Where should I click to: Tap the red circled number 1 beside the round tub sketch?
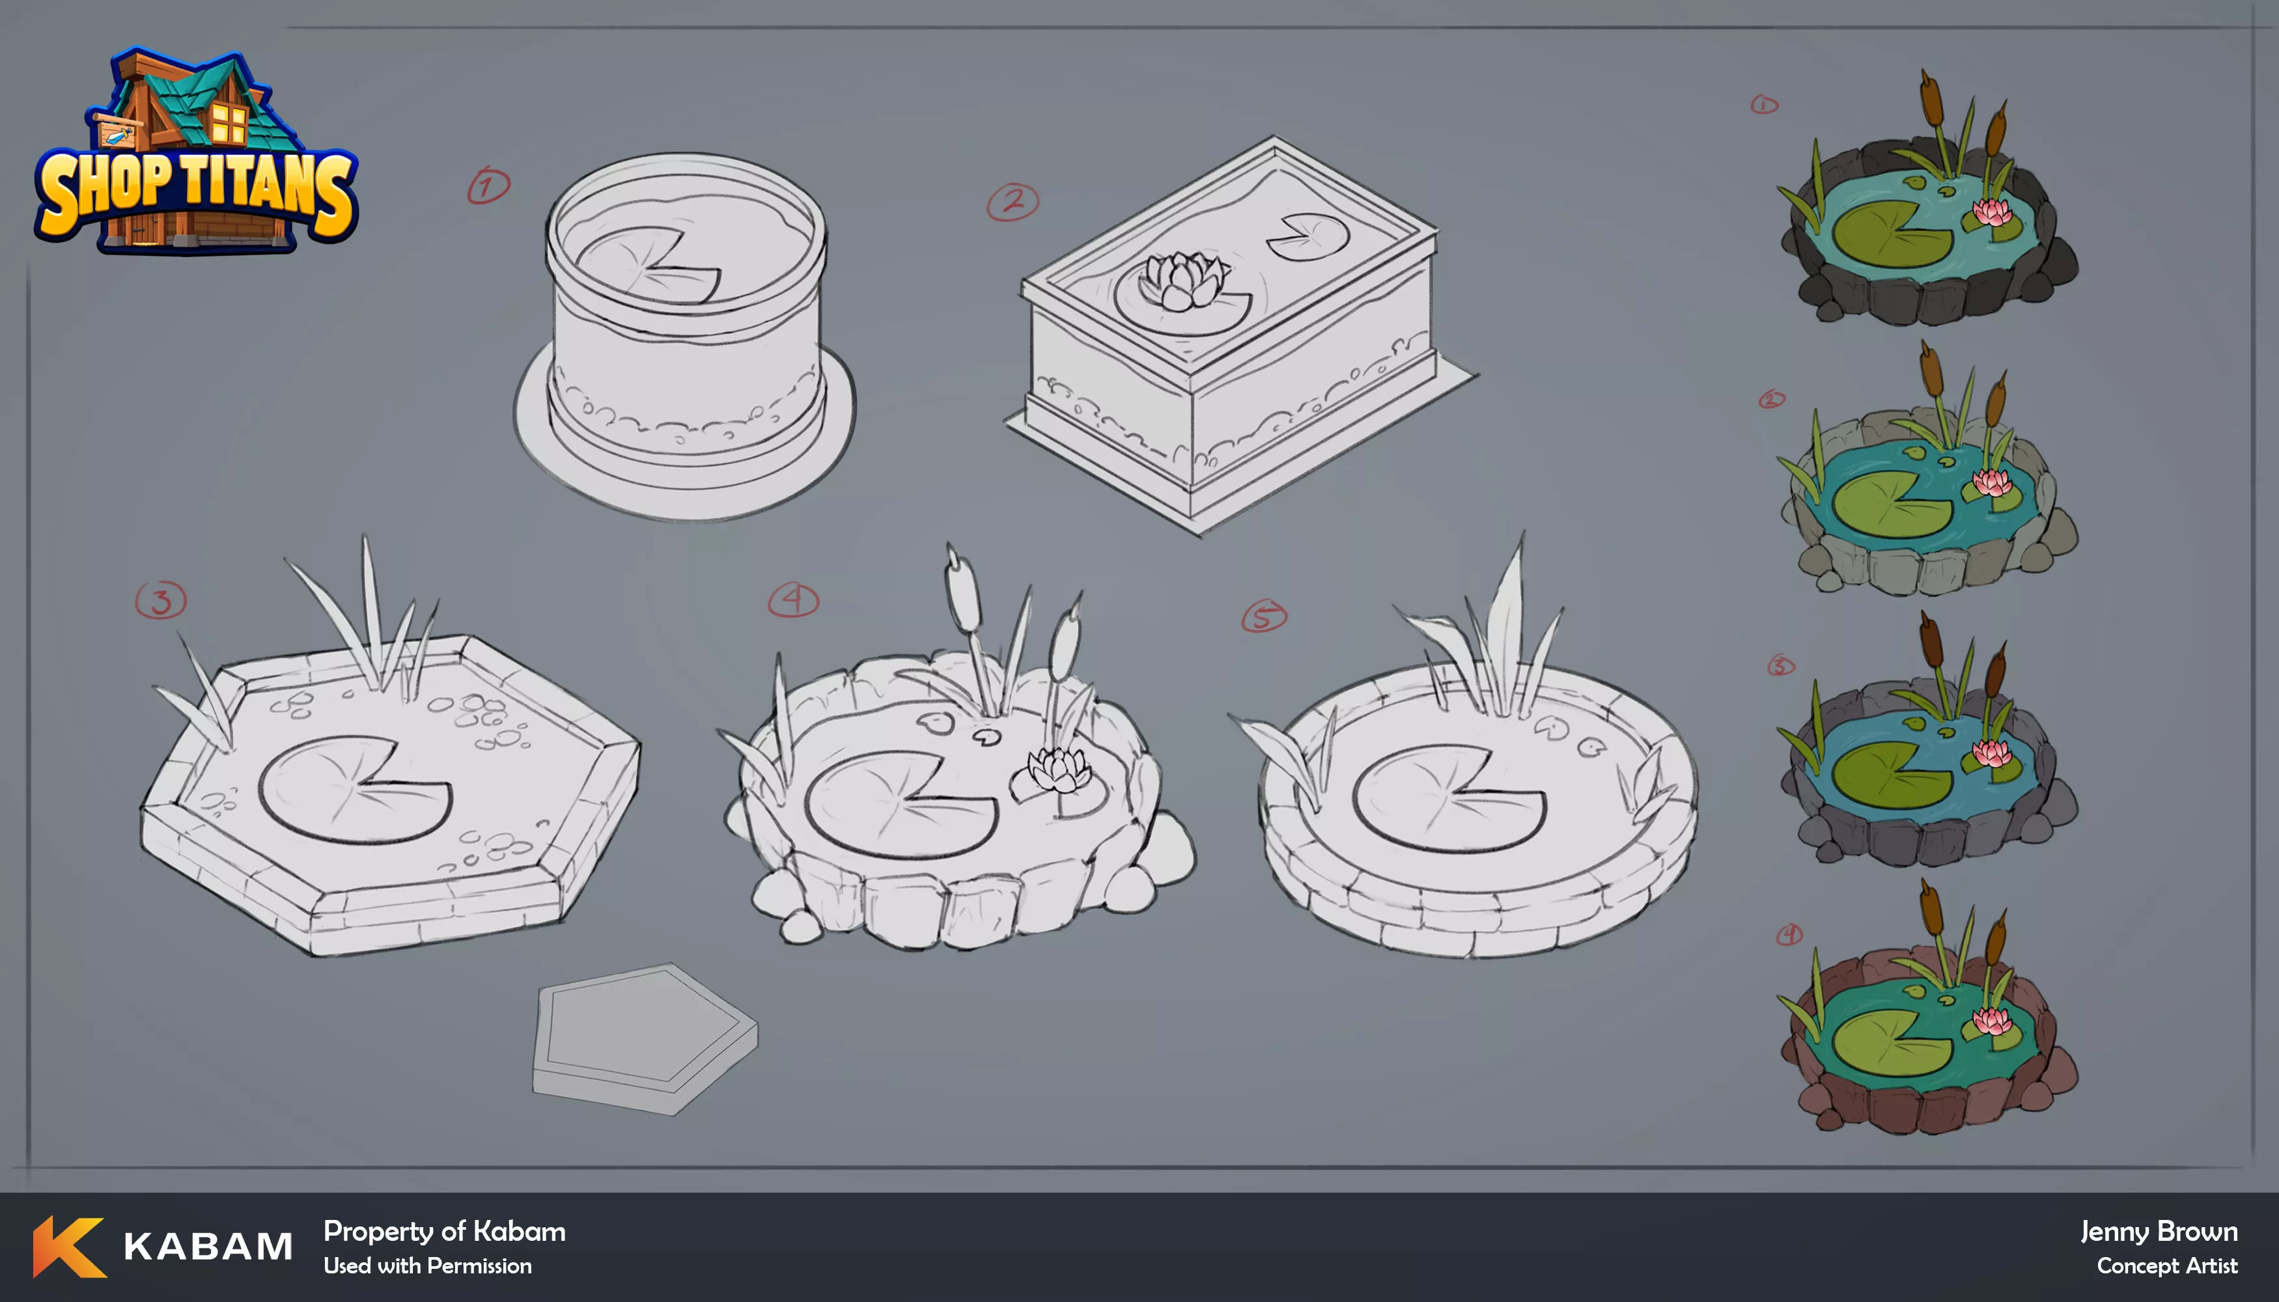point(488,185)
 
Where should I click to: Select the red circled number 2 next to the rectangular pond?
point(1013,202)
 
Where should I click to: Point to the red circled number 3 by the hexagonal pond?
point(161,600)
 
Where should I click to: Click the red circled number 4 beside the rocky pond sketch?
point(793,600)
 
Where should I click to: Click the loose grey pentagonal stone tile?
point(645,1038)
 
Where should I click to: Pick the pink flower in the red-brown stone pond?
point(1992,1020)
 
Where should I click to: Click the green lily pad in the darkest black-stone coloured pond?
point(1891,234)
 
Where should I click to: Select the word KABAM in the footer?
point(208,1247)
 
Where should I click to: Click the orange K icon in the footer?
point(69,1247)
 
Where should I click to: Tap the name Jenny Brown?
point(2159,1231)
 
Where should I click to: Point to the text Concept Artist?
point(2167,1266)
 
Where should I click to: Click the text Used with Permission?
point(428,1266)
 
